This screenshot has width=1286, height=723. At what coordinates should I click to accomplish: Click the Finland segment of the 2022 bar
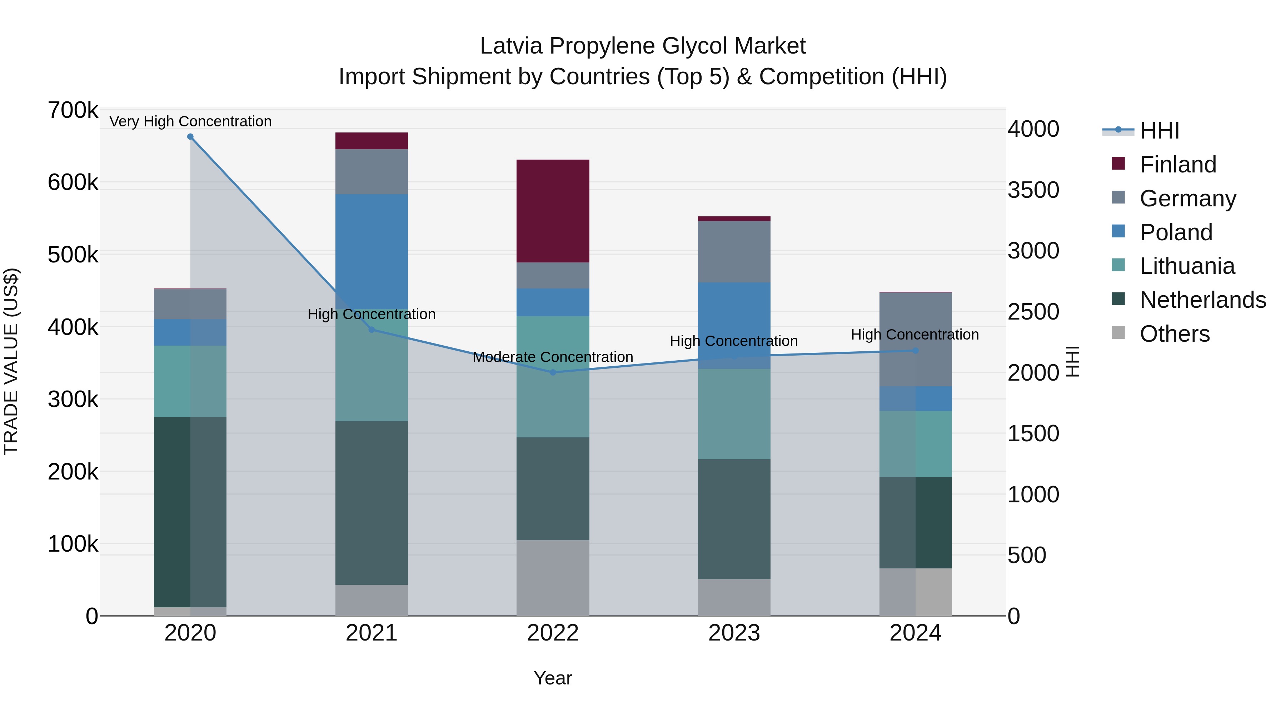[553, 211]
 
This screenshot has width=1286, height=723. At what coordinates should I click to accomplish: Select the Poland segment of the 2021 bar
[372, 250]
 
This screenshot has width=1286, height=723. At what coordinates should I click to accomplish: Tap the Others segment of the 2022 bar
[553, 578]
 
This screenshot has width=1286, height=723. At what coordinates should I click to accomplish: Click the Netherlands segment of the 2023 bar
[734, 519]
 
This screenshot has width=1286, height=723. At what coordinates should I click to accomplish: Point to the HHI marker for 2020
[190, 137]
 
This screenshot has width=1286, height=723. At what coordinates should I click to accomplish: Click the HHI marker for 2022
[553, 372]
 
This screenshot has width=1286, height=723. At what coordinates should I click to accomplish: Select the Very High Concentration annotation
[190, 121]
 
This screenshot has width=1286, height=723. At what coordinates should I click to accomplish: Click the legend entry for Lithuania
[1187, 266]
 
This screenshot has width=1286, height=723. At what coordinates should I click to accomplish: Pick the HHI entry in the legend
[1159, 131]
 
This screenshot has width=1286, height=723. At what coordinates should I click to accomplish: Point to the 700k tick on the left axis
[73, 110]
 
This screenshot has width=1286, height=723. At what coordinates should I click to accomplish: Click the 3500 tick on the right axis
[1033, 190]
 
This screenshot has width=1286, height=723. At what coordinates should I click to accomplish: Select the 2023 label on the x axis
[734, 633]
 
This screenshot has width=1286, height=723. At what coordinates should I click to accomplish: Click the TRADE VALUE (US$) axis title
[11, 361]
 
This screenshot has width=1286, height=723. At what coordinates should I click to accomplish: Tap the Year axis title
[553, 678]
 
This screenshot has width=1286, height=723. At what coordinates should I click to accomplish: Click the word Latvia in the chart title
[511, 46]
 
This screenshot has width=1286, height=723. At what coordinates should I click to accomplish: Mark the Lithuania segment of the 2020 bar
[190, 381]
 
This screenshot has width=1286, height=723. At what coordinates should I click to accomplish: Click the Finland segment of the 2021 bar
[372, 141]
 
